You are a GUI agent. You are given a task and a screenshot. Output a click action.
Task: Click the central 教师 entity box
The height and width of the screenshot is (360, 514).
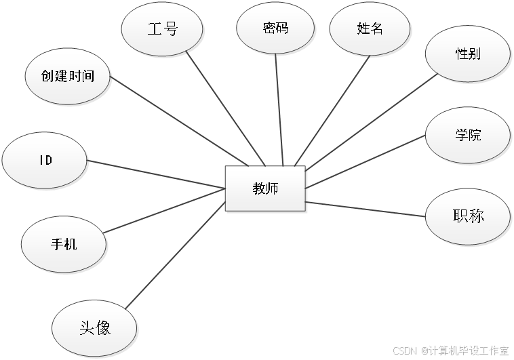pyautogui.click(x=265, y=189)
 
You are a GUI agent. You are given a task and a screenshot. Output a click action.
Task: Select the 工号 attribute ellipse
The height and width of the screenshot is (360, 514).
pyautogui.click(x=162, y=29)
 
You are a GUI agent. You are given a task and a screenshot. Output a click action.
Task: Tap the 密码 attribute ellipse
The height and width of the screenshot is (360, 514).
pyautogui.click(x=275, y=28)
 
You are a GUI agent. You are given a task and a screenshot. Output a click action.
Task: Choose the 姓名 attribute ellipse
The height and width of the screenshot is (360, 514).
pyautogui.click(x=370, y=28)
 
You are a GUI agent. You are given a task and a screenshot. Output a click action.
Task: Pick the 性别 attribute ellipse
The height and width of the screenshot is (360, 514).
pyautogui.click(x=468, y=54)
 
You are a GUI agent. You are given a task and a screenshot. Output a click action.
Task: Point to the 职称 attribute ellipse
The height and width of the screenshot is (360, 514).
pyautogui.click(x=467, y=216)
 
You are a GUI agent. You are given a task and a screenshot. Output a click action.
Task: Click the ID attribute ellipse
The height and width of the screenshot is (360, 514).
pyautogui.click(x=45, y=161)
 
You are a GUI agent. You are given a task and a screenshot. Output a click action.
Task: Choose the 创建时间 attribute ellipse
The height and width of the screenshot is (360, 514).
pyautogui.click(x=68, y=77)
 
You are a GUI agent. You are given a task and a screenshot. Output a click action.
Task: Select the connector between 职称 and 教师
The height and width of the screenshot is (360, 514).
pyautogui.click(x=366, y=209)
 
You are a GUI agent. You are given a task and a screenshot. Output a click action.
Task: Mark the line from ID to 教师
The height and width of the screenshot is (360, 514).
pyautogui.click(x=156, y=174)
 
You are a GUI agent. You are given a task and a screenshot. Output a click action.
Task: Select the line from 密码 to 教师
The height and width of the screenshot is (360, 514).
pyautogui.click(x=279, y=108)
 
